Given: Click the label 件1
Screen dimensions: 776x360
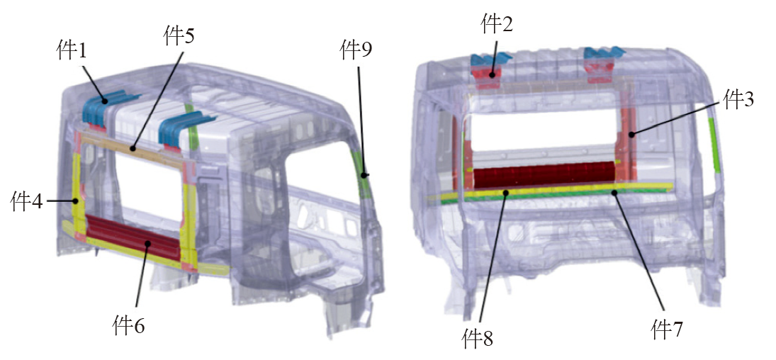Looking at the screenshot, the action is [x=72, y=50].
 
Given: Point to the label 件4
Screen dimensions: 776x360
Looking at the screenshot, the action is [x=26, y=202].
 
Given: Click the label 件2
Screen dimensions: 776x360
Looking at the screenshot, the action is [x=497, y=24].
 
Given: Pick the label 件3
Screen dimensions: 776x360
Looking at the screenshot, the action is [x=739, y=100].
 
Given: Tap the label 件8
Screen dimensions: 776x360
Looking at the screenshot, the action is [x=478, y=338].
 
